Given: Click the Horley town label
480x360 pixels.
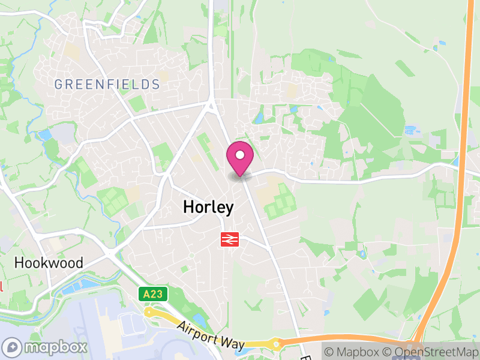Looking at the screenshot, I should pos(208,208).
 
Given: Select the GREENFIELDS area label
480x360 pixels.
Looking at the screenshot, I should pos(107,84).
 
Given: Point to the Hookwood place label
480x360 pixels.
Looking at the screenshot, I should pos(48,263).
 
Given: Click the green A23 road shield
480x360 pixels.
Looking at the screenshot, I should pos(154,294).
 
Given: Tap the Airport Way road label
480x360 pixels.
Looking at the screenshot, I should pos(211,334).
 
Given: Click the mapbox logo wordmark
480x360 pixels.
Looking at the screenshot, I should pos(56,347).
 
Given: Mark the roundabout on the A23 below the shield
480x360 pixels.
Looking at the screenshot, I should pos(149,312).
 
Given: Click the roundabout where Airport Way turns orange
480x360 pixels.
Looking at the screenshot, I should pos(277,344).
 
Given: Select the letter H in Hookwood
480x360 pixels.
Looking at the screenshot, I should pos(19,263).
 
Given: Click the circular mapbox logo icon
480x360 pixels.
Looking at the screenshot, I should pos(13,347).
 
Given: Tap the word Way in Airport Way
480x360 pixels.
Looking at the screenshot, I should pos(233,343).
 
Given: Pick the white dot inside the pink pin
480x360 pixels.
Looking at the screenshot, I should pos(240,155).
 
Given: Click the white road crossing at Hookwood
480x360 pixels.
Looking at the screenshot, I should pos(112,254).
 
